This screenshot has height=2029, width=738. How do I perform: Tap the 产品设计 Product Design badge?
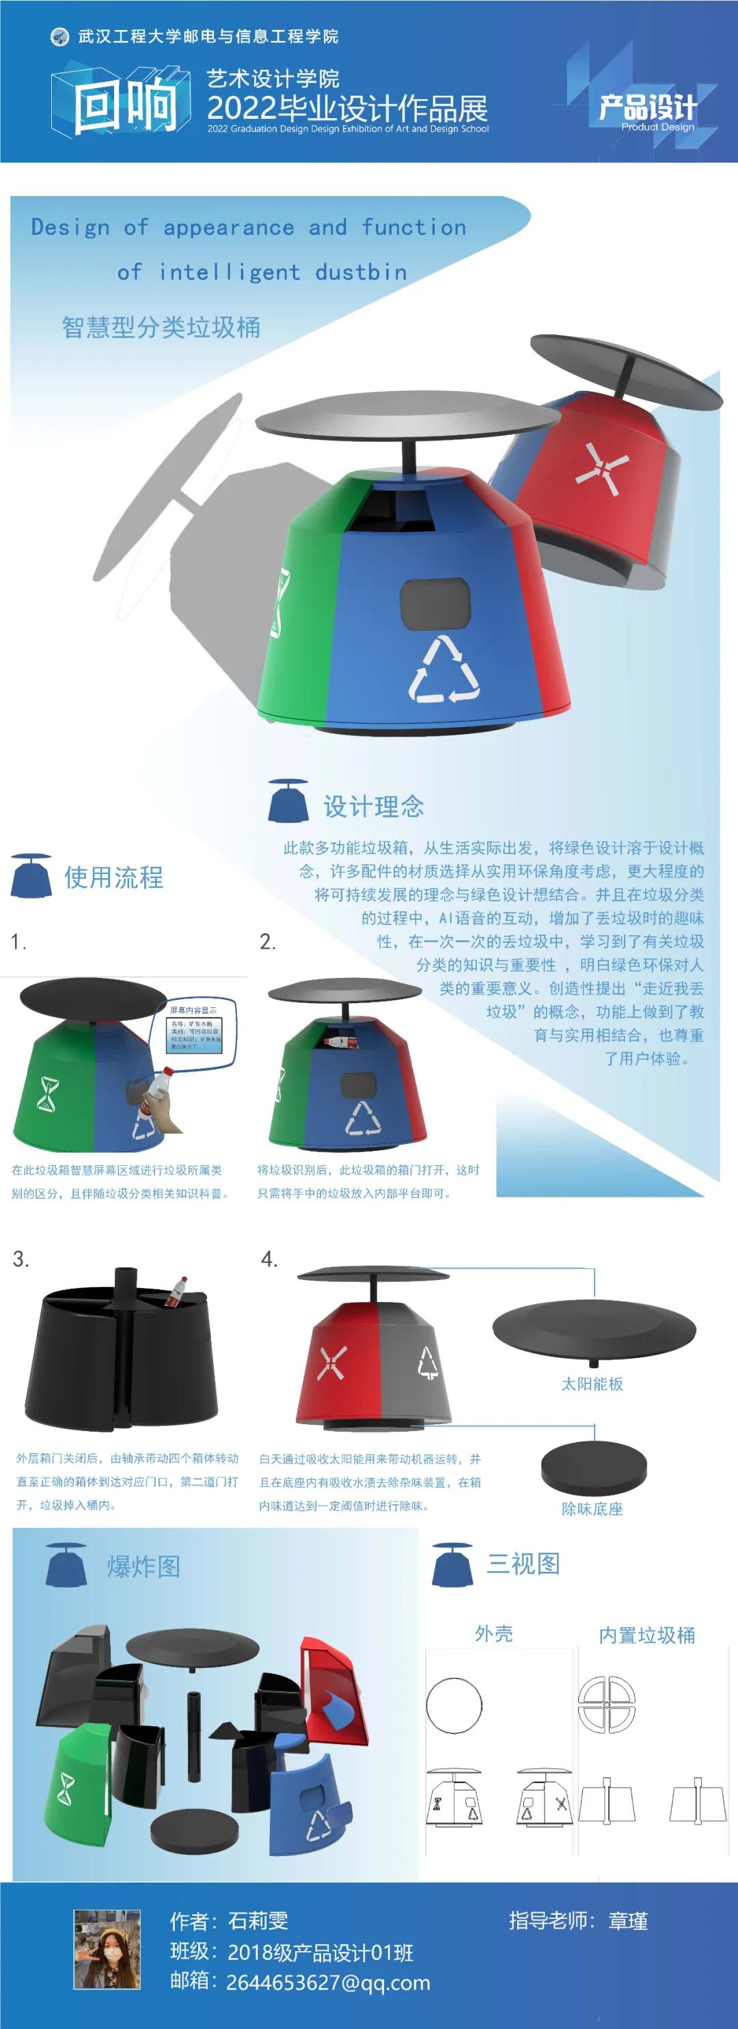pyautogui.click(x=647, y=110)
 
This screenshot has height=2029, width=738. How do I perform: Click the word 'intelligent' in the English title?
pyautogui.click(x=229, y=273)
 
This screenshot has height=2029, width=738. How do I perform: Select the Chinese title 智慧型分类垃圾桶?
pyautogui.click(x=161, y=327)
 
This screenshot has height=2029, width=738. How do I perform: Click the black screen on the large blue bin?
pyautogui.click(x=435, y=604)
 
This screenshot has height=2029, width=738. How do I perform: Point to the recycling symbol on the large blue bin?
pyautogui.click(x=443, y=670)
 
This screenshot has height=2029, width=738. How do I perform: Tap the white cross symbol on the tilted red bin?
pyautogui.click(x=601, y=469)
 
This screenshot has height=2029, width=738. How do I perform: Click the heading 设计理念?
pyautogui.click(x=373, y=806)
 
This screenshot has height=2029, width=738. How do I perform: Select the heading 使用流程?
pyautogui.click(x=113, y=877)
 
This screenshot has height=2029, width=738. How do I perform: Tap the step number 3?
pyautogui.click(x=21, y=1259)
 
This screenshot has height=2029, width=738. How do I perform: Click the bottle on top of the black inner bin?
pyautogui.click(x=176, y=1292)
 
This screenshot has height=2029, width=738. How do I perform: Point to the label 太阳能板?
pyautogui.click(x=592, y=1384)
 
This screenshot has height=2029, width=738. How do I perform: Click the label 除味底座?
pyautogui.click(x=592, y=1508)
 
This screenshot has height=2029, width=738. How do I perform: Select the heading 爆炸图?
pyautogui.click(x=143, y=1566)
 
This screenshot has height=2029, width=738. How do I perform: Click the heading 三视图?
pyautogui.click(x=523, y=1564)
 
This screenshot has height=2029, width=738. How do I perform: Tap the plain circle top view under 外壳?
pyautogui.click(x=454, y=1705)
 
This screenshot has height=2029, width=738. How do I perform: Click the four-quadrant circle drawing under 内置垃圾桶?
pyautogui.click(x=607, y=1704)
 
